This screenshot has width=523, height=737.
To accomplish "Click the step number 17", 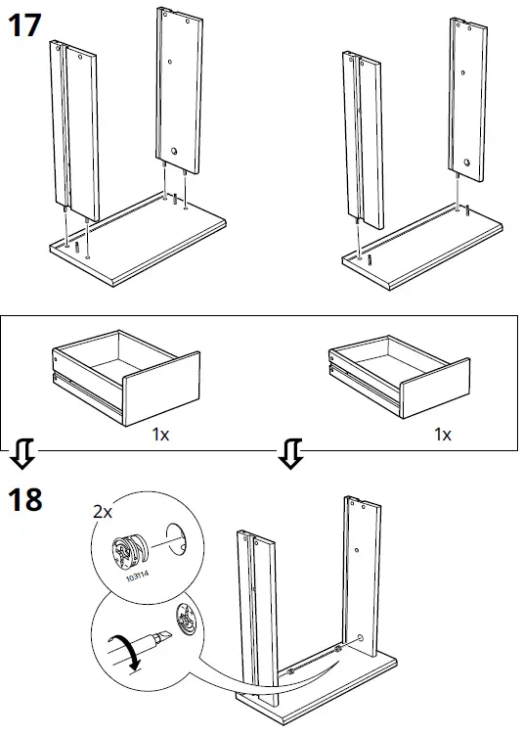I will [24, 26].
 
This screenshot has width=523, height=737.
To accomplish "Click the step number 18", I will [24, 499].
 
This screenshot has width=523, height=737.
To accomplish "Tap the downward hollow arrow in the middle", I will [289, 453].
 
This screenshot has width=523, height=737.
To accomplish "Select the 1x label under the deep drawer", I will [160, 433].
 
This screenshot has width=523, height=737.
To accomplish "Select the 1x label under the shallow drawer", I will [442, 433].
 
